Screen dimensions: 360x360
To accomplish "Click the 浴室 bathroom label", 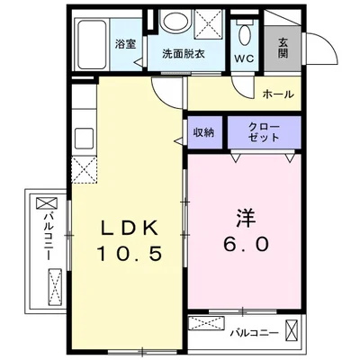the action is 126,44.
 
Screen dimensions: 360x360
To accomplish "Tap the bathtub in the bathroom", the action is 92,45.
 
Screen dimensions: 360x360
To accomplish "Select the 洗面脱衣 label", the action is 184,54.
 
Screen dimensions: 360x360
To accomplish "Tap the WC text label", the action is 244,58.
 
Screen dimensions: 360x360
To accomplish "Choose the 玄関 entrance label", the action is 283,48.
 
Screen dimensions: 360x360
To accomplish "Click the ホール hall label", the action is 278,94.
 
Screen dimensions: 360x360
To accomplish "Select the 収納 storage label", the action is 204,132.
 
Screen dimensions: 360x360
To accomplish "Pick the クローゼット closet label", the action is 264,132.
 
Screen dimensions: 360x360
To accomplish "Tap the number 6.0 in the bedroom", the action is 246,244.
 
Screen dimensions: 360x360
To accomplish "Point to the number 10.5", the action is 130,254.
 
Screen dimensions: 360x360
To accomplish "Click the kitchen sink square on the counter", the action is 84,138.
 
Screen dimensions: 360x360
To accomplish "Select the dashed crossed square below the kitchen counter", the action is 84,170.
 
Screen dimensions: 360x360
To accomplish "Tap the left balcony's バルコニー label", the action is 49,237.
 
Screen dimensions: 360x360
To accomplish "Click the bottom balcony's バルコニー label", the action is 255,333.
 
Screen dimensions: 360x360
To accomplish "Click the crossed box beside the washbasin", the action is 210,24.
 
